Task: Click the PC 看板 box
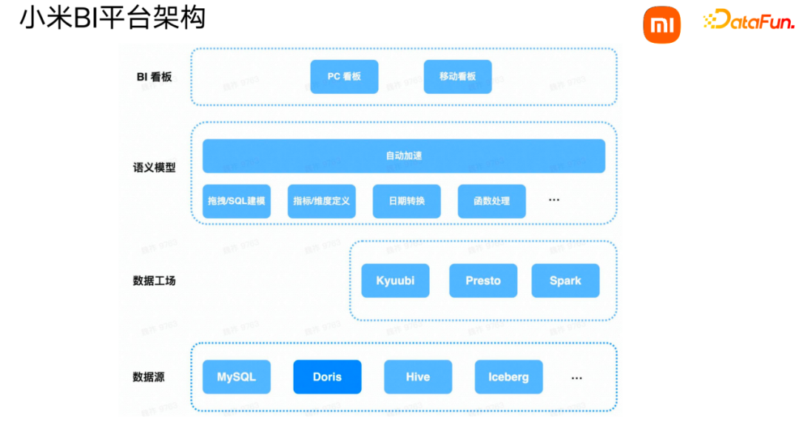tap(344, 77)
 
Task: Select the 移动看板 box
tap(457, 77)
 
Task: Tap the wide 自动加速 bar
tap(404, 156)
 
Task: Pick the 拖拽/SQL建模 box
tap(237, 201)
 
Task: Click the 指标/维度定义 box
tap(321, 201)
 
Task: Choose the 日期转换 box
tap(407, 201)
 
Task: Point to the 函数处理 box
tap(491, 201)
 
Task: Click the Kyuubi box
tap(395, 281)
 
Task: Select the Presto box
tap(483, 281)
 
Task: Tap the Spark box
tap(565, 281)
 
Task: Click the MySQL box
tap(237, 377)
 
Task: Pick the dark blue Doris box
tap(327, 377)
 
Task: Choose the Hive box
tap(418, 377)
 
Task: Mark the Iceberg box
tap(508, 377)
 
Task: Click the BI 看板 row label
tap(154, 77)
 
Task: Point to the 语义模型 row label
tap(154, 168)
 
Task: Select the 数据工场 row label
tap(154, 281)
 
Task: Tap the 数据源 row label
tap(149, 377)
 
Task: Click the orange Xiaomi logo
tap(661, 25)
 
